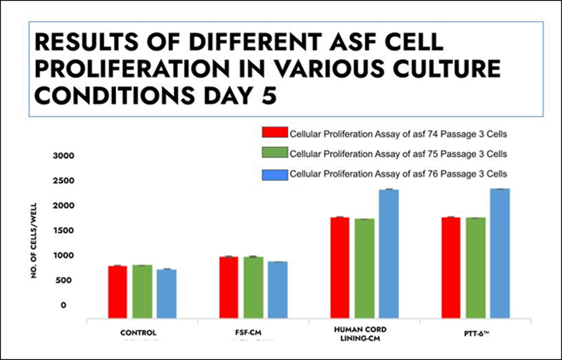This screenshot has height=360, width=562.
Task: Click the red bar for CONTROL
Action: coord(117,292)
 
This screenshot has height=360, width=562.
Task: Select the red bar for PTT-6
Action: coord(451,268)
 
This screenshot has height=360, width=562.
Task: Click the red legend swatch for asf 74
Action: coord(275,132)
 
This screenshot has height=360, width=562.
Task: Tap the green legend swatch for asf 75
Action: coord(275,152)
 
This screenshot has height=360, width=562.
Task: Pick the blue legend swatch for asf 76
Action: coord(275,175)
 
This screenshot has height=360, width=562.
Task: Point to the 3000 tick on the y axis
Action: coord(63,156)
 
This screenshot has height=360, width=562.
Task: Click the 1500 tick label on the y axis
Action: coord(63,230)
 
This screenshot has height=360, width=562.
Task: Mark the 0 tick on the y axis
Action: coord(63,305)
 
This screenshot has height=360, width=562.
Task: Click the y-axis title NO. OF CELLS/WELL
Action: coord(34,240)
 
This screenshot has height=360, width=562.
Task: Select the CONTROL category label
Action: coord(138,333)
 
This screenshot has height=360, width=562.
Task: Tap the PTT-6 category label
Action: coord(476,334)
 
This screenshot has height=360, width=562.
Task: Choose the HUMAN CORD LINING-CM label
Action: coord(360,334)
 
